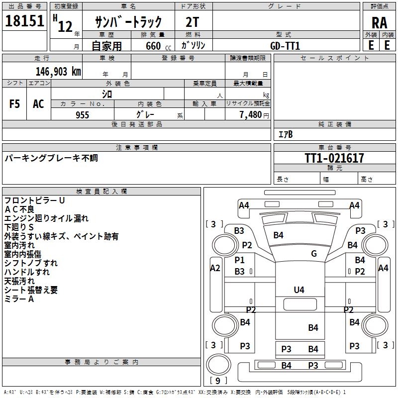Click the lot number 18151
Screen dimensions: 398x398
point(25,21)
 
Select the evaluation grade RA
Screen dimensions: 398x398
point(379,22)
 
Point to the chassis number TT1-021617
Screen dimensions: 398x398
point(334,158)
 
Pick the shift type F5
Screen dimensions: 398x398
point(15,104)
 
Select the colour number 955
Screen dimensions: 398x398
point(82,115)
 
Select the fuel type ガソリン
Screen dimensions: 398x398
point(194,45)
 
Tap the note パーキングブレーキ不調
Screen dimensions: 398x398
point(51,158)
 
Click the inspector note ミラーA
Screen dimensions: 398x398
point(19,299)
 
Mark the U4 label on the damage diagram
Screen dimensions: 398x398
point(299,290)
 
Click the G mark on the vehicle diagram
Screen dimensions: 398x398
point(314,254)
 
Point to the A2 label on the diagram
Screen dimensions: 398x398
point(215,268)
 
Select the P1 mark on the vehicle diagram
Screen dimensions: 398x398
point(240,260)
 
